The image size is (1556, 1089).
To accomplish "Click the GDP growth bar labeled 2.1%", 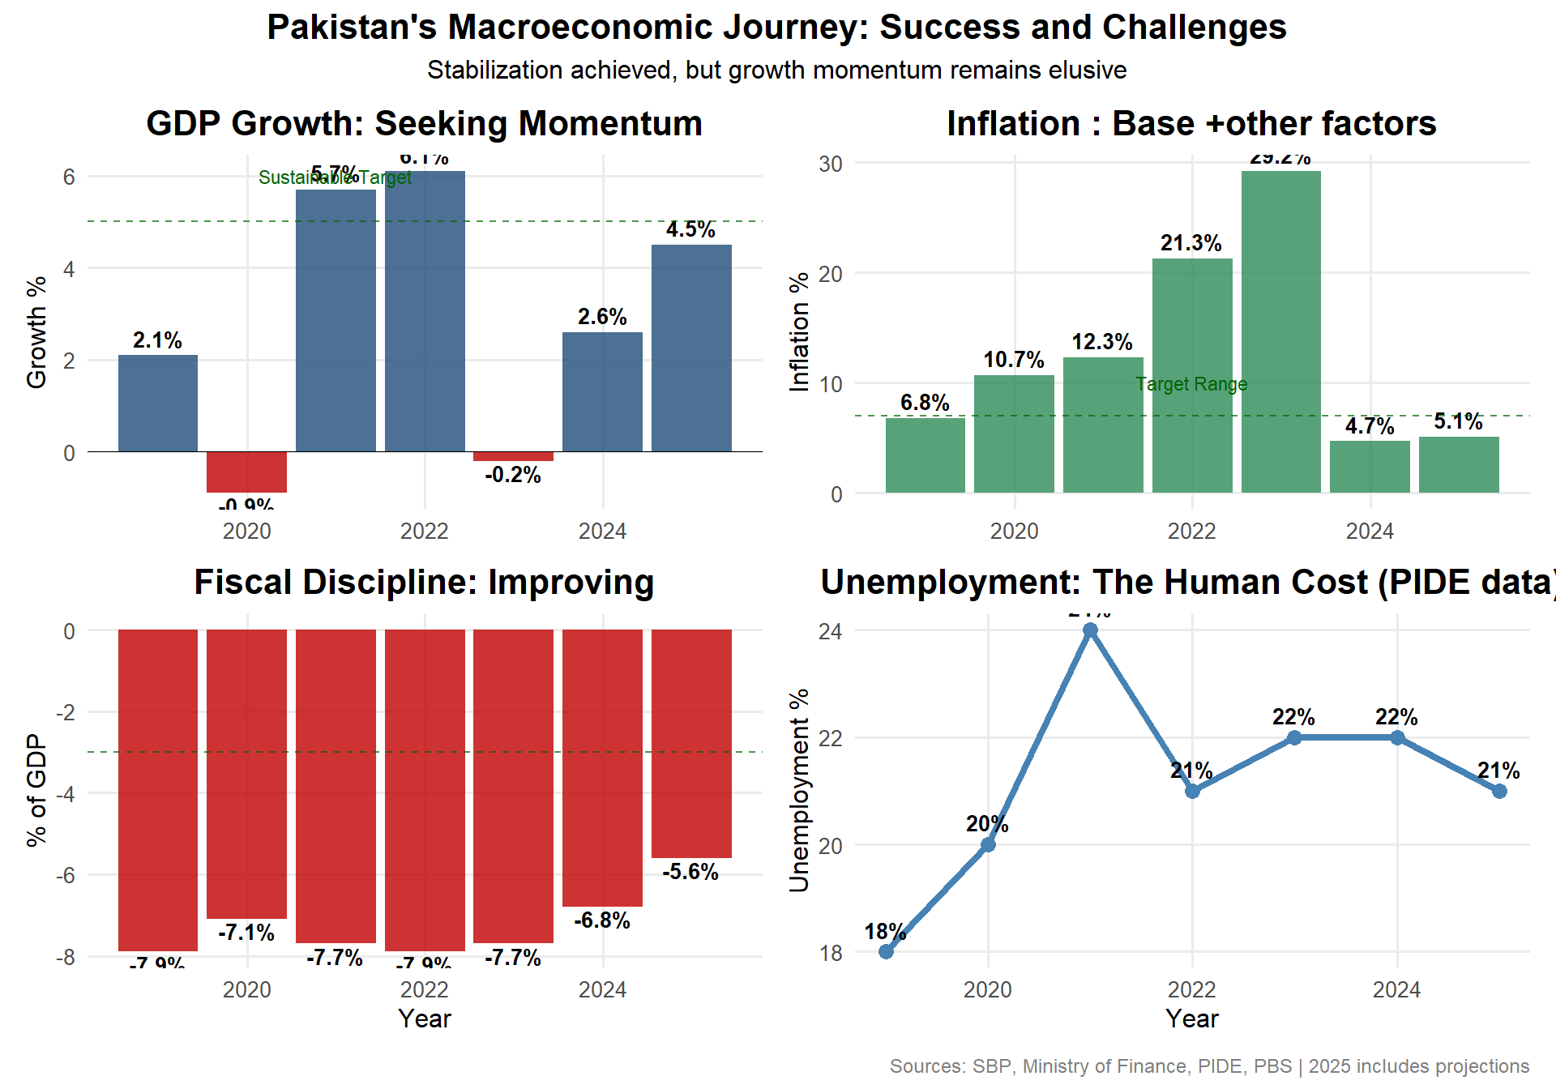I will click(x=158, y=403).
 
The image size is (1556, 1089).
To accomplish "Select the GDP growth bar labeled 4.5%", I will click(x=691, y=348).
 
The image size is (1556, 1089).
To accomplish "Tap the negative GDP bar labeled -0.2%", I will click(x=513, y=456).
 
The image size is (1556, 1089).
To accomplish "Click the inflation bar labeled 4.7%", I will click(x=1370, y=467).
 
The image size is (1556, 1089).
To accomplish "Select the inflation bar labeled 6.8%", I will click(x=925, y=455).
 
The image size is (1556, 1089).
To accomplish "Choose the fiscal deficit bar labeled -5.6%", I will click(x=691, y=743).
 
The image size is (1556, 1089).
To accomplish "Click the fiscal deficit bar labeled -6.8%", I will click(x=602, y=767).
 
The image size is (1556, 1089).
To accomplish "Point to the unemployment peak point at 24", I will click(x=1090, y=630).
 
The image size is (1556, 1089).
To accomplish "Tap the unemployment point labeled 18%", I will click(x=886, y=951).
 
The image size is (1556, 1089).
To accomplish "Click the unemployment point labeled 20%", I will click(x=988, y=844).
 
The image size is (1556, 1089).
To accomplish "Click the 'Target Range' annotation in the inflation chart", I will click(x=1191, y=384).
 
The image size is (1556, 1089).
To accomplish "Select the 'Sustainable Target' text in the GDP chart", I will click(x=335, y=177).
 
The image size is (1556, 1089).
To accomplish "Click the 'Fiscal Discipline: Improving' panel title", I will click(x=424, y=583).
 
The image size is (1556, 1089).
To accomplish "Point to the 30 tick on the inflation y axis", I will click(x=830, y=164).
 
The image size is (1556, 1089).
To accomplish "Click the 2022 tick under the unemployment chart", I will click(x=1191, y=989).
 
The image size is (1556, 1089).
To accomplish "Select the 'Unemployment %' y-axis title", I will click(x=799, y=790).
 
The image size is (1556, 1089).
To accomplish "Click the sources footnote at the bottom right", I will click(x=1208, y=1066).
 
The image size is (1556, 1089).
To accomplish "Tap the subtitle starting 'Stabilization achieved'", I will click(x=776, y=70).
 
